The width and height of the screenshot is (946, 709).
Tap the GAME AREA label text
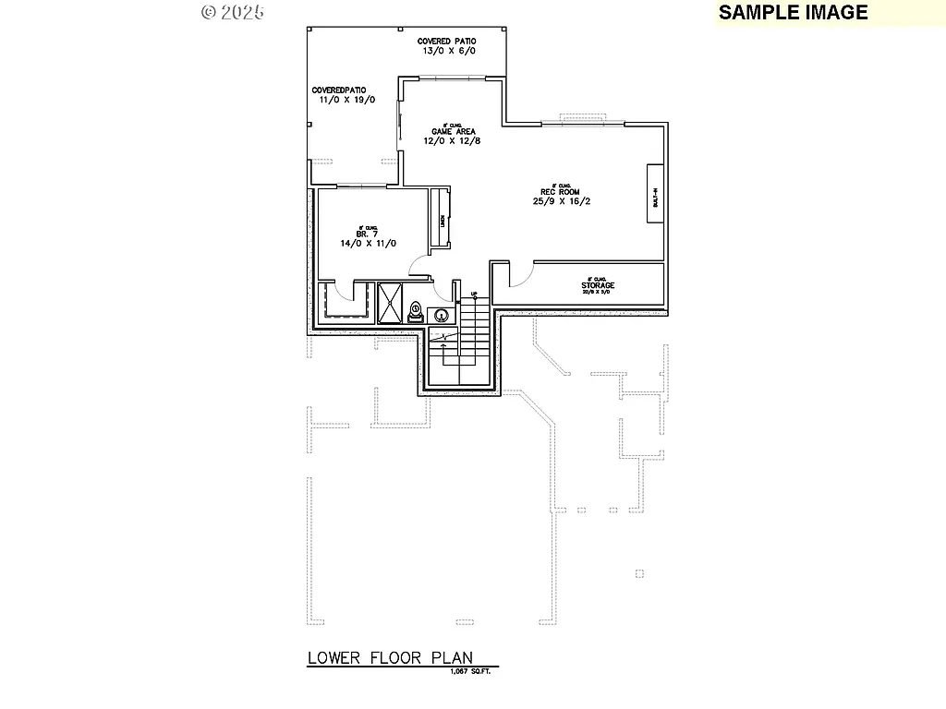click(x=453, y=131)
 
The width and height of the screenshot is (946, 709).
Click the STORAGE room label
click(x=598, y=285)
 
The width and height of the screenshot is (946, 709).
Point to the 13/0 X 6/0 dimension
click(x=449, y=52)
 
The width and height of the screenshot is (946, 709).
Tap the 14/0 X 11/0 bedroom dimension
click(x=368, y=243)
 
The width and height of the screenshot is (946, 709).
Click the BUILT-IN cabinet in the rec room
click(x=655, y=193)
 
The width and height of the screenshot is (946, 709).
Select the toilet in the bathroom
click(x=416, y=311)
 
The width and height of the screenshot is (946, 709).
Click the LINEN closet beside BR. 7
click(x=442, y=219)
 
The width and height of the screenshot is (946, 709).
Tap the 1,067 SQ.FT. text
click(x=470, y=671)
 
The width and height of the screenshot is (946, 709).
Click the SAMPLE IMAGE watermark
click(x=793, y=12)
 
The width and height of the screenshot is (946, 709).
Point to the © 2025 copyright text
click(x=233, y=12)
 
